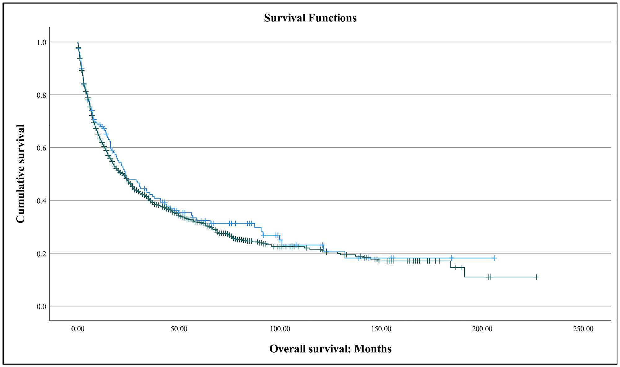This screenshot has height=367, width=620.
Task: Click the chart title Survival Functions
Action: coord(310,18)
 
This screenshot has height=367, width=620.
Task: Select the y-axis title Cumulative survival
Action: coord(20,174)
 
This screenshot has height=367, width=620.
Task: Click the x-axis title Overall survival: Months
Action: coord(330,349)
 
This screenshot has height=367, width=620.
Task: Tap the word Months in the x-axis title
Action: coord(373,349)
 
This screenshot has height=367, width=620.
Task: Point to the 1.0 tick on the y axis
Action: coord(41,42)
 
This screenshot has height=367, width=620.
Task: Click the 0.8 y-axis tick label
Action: coord(41,95)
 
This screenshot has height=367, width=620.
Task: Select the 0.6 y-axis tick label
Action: coord(41,148)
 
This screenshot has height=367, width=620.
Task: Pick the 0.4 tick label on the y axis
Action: coord(41,201)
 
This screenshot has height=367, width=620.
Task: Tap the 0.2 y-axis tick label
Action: coord(41,254)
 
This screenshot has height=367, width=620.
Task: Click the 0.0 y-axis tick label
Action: coord(41,307)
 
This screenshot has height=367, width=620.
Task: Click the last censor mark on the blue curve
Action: coord(494,258)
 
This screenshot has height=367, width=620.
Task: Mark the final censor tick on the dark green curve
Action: coord(537,277)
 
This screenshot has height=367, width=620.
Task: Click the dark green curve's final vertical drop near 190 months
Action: coord(464,272)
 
